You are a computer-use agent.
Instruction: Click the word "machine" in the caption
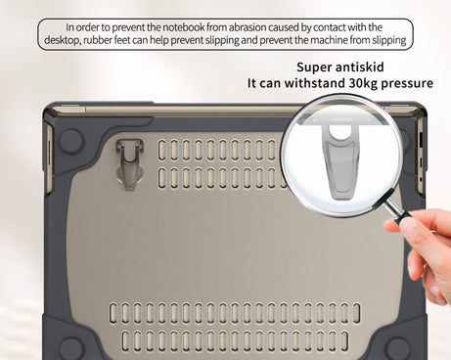329,40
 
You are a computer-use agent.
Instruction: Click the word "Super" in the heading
314,67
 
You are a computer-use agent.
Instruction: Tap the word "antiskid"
359,67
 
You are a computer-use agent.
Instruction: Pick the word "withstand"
314,83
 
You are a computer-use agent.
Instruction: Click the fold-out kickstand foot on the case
130,163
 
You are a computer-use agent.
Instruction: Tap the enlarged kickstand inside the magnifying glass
340,162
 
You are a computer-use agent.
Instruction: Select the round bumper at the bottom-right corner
398,348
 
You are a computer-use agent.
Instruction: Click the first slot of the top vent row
161,150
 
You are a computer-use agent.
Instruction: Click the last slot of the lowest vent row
344,341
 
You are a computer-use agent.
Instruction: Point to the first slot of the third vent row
113,313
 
